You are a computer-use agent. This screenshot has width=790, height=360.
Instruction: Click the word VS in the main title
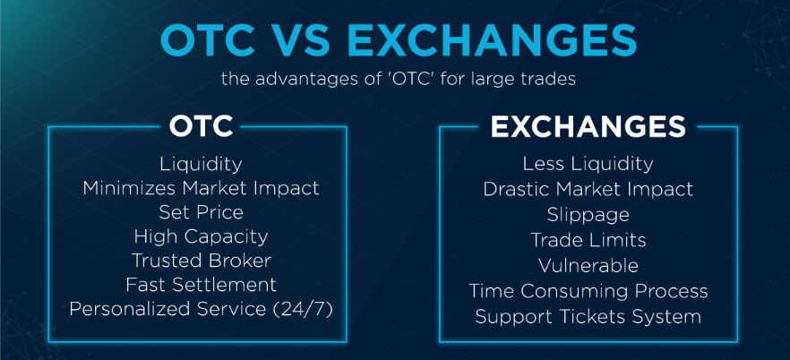pyautogui.click(x=304, y=42)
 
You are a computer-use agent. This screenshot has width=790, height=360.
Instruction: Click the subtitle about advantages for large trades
pyautogui.click(x=398, y=79)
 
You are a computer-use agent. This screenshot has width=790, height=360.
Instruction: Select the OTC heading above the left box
pyautogui.click(x=201, y=126)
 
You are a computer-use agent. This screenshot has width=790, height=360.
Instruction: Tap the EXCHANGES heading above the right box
pyautogui.click(x=588, y=126)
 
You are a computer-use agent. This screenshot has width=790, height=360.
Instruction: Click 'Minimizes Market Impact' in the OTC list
pyautogui.click(x=201, y=188)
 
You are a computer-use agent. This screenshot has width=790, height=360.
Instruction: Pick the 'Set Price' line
pyautogui.click(x=201, y=212)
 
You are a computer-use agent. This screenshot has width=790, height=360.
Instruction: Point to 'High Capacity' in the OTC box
pyautogui.click(x=201, y=236)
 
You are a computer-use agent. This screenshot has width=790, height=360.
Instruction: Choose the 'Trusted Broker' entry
pyautogui.click(x=201, y=261)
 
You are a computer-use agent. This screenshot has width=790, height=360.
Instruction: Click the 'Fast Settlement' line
pyautogui.click(x=201, y=285)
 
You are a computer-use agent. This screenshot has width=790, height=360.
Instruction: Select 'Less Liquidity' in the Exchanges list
pyautogui.click(x=588, y=164)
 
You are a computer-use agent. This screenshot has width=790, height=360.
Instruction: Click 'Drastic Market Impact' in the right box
pyautogui.click(x=588, y=189)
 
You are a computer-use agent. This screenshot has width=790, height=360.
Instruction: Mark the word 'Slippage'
pyautogui.click(x=588, y=216)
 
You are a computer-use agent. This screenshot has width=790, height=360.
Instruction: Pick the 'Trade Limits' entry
pyautogui.click(x=588, y=240)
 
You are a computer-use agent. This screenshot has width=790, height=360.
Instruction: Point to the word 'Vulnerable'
pyautogui.click(x=588, y=265)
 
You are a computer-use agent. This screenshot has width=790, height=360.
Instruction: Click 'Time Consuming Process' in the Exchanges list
pyautogui.click(x=588, y=291)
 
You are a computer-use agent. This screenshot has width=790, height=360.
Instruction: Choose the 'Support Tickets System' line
pyautogui.click(x=588, y=317)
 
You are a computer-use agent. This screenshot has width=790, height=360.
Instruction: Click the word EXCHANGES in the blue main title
pyautogui.click(x=492, y=42)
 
